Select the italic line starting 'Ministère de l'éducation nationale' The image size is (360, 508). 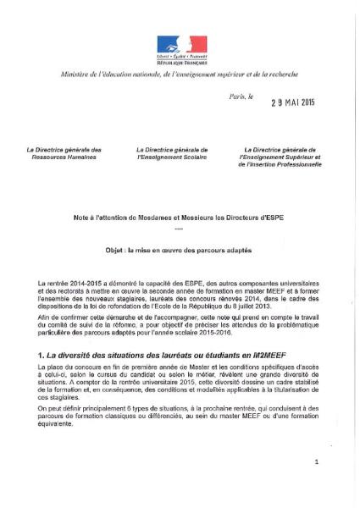coord(180,75)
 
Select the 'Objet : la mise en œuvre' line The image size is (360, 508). coord(179,249)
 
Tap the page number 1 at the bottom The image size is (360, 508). coord(315,462)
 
